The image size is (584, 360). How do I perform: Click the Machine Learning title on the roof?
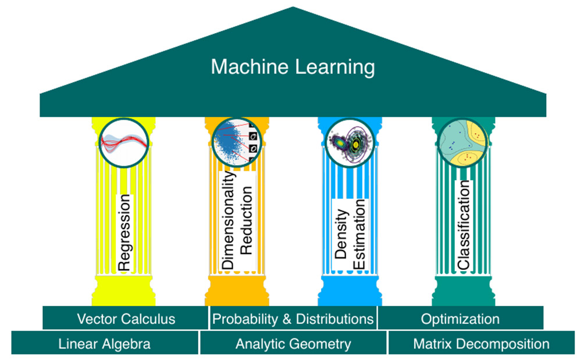point(293,67)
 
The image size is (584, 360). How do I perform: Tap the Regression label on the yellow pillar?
point(124,233)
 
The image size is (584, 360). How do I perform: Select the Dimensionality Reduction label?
point(237,220)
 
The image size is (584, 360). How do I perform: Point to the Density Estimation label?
point(350,234)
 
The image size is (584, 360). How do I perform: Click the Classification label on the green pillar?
point(464,225)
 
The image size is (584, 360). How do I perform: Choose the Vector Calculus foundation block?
point(126,318)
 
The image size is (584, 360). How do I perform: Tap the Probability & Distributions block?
point(293,318)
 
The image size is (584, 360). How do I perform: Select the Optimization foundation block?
point(460,318)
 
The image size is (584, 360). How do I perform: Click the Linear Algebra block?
point(105,343)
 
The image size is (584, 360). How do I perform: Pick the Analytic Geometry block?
point(293,343)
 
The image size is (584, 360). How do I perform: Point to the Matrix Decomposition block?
point(481,343)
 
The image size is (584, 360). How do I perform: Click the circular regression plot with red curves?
point(124,143)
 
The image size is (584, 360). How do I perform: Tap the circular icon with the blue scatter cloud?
point(237,142)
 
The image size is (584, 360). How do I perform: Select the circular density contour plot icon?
point(350,142)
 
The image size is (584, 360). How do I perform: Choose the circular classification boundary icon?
point(463,142)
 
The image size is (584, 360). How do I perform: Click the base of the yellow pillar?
point(124,291)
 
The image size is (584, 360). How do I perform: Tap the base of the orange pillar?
point(237,291)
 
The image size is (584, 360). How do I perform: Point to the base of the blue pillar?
point(350,291)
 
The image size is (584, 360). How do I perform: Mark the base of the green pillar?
point(464,291)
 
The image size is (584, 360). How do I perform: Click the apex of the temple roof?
point(293,7)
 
